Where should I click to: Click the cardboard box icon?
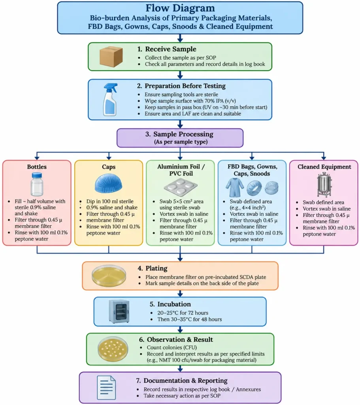(111, 57)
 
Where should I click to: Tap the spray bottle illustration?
(110, 99)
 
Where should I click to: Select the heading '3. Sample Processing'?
(179, 134)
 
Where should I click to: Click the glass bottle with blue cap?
(37, 184)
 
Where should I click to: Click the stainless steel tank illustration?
(324, 184)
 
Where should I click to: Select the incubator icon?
(119, 312)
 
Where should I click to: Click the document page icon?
(106, 388)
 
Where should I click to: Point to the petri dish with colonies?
(113, 349)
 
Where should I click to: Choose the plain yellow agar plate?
(109, 276)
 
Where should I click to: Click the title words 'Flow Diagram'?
(180, 8)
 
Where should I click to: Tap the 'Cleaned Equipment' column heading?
(324, 167)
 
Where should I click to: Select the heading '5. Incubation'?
(170, 304)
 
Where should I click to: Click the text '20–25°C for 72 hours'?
(183, 313)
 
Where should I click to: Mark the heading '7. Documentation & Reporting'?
(182, 380)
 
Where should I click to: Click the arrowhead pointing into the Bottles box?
(37, 157)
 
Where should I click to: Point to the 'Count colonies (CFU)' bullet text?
(172, 347)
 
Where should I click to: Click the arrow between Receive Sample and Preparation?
(180, 75)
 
